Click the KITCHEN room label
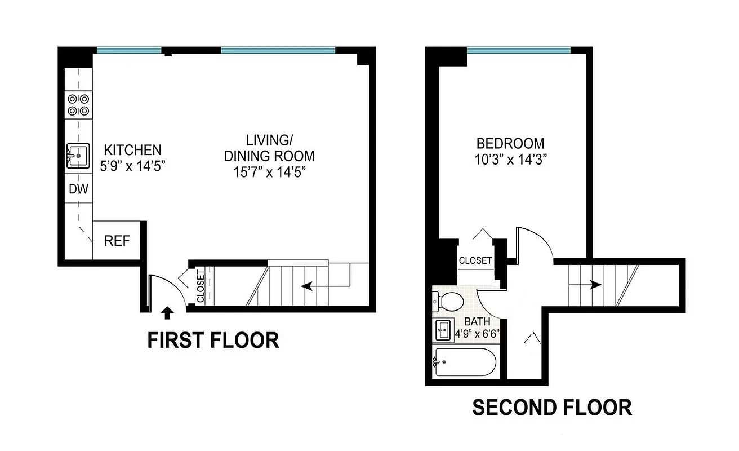[x=132, y=150]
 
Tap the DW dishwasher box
[x=78, y=189]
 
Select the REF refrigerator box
[x=117, y=241]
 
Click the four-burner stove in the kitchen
[x=78, y=105]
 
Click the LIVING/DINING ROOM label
[x=269, y=147]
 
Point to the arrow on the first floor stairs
[x=308, y=286]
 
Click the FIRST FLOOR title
[x=213, y=341]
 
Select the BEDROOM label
[x=510, y=143]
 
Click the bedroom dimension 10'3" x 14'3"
[x=510, y=160]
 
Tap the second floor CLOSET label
[x=475, y=261]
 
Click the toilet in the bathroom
[x=448, y=300]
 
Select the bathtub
[x=465, y=362]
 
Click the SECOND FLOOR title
[x=551, y=407]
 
